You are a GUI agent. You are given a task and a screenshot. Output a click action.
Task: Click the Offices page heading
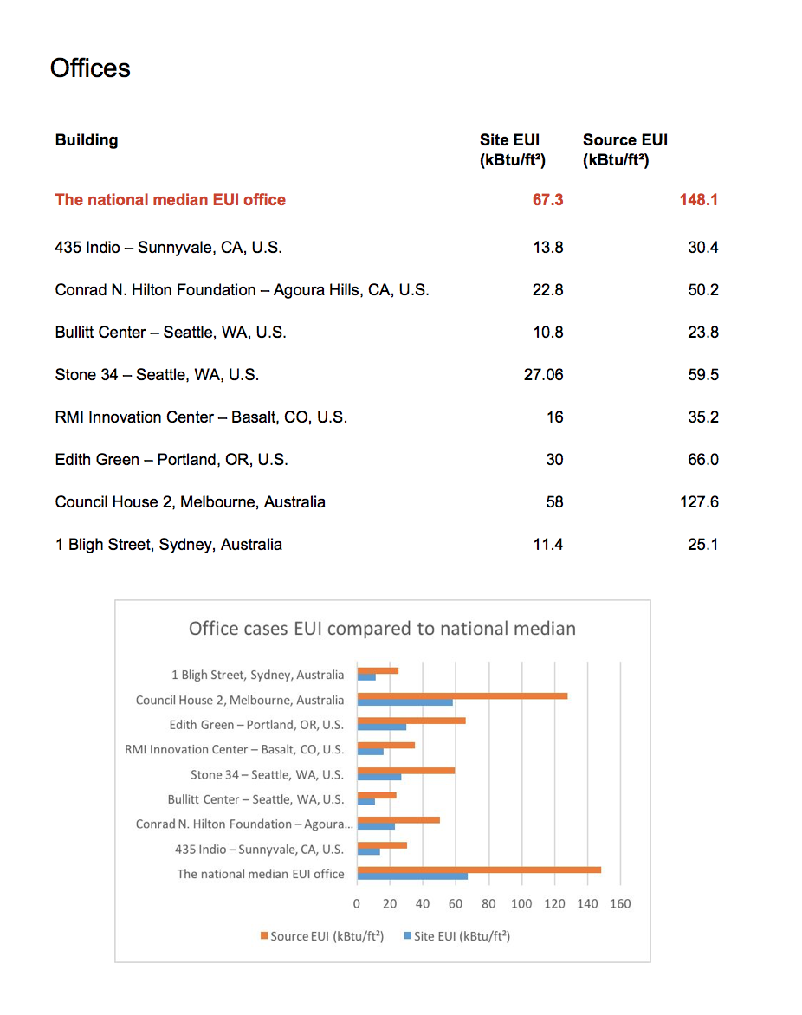(90, 68)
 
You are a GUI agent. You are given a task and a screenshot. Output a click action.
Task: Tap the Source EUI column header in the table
(624, 149)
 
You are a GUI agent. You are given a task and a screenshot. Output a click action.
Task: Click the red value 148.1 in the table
(699, 200)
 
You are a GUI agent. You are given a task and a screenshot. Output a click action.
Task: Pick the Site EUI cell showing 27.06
(543, 375)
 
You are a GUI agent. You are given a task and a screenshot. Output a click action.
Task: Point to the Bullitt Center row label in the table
(171, 333)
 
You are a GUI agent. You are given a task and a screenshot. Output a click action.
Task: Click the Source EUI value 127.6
(699, 502)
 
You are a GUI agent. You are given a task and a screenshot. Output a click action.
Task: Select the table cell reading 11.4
(548, 545)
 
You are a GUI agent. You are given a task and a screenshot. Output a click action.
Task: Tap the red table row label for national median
(171, 200)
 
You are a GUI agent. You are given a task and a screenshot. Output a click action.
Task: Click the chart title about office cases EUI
(382, 629)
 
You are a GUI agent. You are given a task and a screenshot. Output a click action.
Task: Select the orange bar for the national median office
(479, 870)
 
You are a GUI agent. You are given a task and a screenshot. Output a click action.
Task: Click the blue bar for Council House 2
(404, 702)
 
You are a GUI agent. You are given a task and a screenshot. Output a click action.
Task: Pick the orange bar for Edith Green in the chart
(411, 721)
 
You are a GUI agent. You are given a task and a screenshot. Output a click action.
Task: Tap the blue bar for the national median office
(412, 876)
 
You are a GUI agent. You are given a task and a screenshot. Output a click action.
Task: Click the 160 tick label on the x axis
(620, 904)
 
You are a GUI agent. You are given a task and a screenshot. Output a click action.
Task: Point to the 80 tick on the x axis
(488, 904)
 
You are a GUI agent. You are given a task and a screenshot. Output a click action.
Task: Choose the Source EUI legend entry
(322, 936)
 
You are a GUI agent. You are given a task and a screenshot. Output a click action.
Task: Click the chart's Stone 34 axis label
(267, 774)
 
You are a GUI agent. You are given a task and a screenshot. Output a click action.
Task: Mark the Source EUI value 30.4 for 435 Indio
(702, 248)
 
